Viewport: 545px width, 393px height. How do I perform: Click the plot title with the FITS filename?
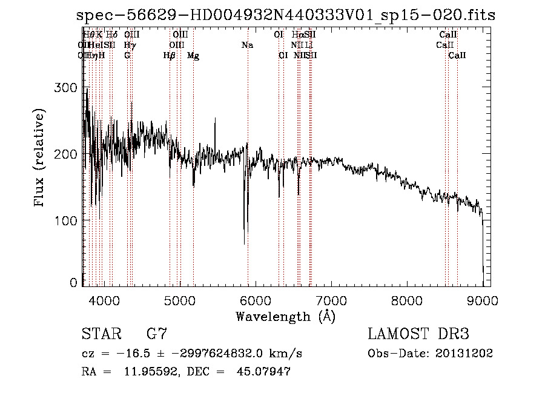(x=286, y=15)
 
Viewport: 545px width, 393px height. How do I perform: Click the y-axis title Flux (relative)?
(x=41, y=159)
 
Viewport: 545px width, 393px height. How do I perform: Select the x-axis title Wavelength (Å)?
(x=285, y=316)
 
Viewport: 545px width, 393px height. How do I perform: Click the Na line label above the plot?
(x=247, y=45)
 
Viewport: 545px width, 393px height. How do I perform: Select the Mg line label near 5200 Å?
(x=193, y=56)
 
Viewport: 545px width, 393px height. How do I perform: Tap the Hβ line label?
(x=170, y=56)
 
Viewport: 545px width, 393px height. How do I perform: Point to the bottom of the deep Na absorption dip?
(x=245, y=243)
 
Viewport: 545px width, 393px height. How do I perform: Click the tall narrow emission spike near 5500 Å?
(x=215, y=119)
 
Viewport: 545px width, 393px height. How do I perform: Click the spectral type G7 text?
(x=157, y=334)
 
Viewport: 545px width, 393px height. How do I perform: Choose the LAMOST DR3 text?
(x=418, y=334)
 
